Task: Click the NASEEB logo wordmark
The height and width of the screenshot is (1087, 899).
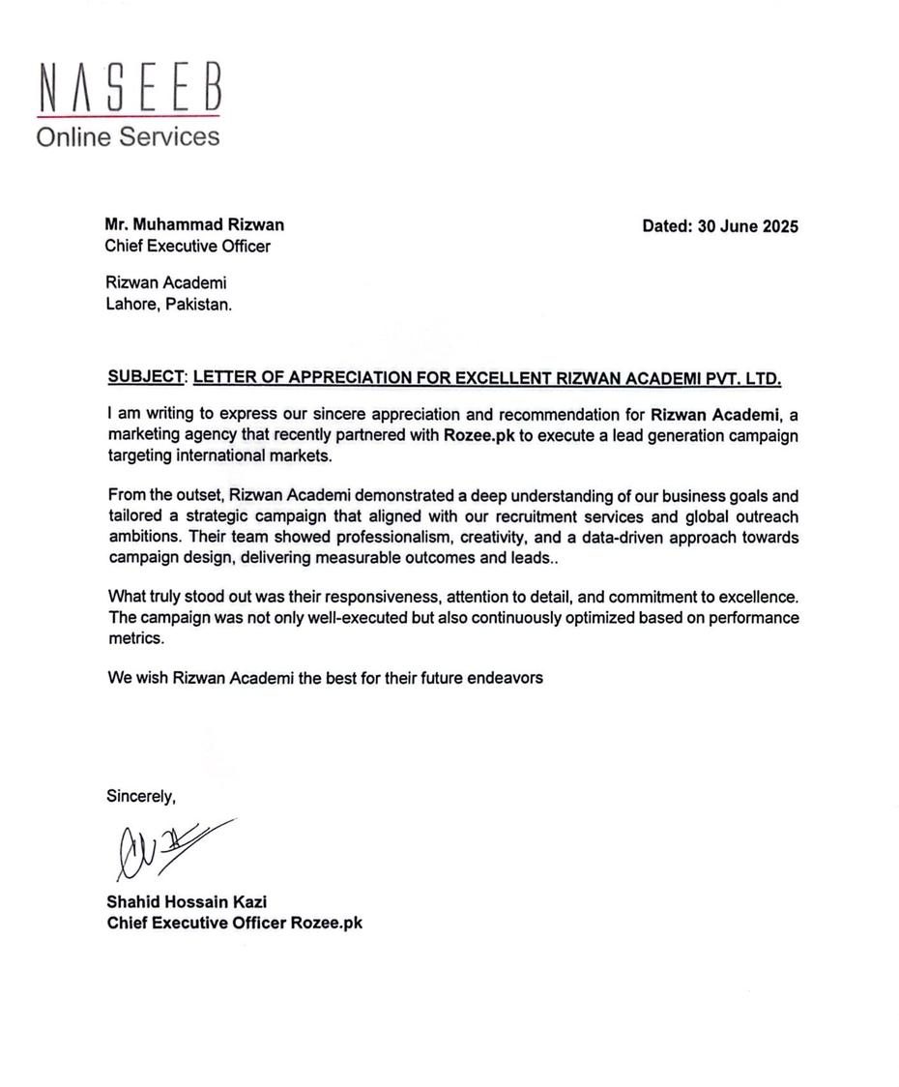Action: [130, 88]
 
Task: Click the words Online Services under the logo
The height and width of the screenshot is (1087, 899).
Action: [128, 136]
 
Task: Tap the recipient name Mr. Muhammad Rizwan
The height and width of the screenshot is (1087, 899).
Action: [194, 224]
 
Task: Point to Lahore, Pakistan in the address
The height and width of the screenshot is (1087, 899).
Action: [168, 304]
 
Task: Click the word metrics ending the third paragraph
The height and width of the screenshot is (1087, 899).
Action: [136, 638]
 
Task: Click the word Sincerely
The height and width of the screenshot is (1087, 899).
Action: [141, 797]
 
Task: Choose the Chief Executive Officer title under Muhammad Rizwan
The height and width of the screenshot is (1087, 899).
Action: [188, 246]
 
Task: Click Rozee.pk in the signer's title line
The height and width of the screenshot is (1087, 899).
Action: [327, 923]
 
